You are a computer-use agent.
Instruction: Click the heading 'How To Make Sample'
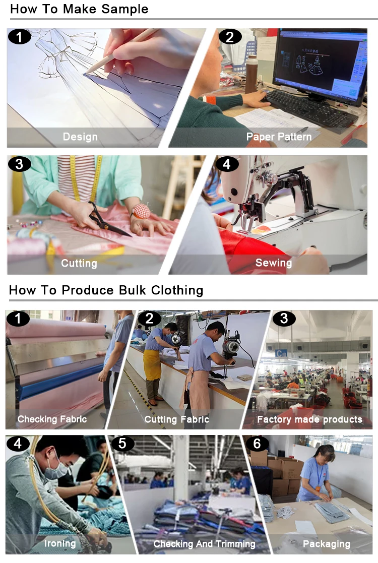click(x=79, y=9)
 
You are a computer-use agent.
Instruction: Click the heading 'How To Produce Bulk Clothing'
click(x=106, y=290)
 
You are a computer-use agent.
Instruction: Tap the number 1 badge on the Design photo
click(x=19, y=37)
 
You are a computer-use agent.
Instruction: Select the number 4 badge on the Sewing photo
click(x=226, y=164)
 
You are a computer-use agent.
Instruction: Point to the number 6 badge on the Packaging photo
click(x=257, y=444)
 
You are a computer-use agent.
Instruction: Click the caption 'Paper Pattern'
click(x=279, y=137)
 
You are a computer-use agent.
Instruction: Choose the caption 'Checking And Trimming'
click(x=204, y=544)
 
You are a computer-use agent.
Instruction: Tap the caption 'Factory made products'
click(x=310, y=419)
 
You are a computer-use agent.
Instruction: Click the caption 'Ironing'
click(x=60, y=544)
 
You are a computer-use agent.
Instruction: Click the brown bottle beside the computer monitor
click(x=251, y=74)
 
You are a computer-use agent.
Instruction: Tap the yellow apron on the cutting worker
click(x=152, y=365)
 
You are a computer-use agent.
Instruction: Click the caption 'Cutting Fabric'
click(x=176, y=419)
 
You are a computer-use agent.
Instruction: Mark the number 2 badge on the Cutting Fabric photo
click(x=150, y=319)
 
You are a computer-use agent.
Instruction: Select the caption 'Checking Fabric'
click(x=52, y=419)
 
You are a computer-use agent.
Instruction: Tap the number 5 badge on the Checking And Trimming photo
click(x=122, y=444)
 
